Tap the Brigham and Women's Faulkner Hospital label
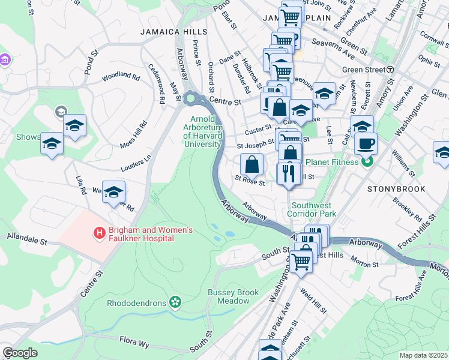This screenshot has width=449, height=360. coord(142,234)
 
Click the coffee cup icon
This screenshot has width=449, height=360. coord(366,143)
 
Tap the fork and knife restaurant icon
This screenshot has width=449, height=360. coord(289,173)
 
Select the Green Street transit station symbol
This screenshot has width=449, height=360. coord(390,70)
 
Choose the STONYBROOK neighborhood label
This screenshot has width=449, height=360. coord(396,189)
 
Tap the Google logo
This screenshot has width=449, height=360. coord(20,353)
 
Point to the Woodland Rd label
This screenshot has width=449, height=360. coord(120,77)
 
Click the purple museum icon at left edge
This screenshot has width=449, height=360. coord(4,61)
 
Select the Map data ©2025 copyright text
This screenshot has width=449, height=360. coord(424,355)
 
